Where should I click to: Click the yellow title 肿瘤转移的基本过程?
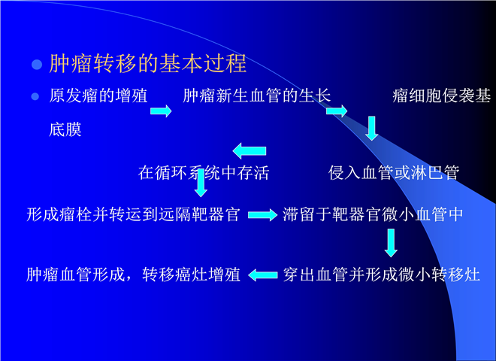click(x=148, y=63)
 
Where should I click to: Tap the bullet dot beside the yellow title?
click(x=37, y=65)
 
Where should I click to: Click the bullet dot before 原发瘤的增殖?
click(x=35, y=96)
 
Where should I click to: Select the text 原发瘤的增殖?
click(x=98, y=96)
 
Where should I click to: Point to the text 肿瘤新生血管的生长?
click(x=257, y=96)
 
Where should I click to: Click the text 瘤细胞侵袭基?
click(x=442, y=96)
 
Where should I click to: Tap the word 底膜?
click(x=65, y=129)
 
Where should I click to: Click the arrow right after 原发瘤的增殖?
click(x=161, y=111)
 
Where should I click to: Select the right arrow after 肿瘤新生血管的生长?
click(x=337, y=111)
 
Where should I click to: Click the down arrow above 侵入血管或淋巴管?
click(x=372, y=129)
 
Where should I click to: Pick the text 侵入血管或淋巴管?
click(x=394, y=173)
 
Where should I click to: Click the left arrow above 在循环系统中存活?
click(x=250, y=150)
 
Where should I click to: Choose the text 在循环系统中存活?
click(x=204, y=173)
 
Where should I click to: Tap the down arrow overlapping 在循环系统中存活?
click(x=201, y=183)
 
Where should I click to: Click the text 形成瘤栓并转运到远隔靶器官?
click(x=133, y=214)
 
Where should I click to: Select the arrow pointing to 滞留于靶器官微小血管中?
click(x=262, y=215)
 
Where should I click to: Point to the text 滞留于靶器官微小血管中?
click(x=373, y=214)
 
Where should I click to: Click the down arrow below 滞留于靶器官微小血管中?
click(x=392, y=243)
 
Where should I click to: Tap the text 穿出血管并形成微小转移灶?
click(x=382, y=275)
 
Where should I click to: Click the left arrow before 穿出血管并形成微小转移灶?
click(x=263, y=275)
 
